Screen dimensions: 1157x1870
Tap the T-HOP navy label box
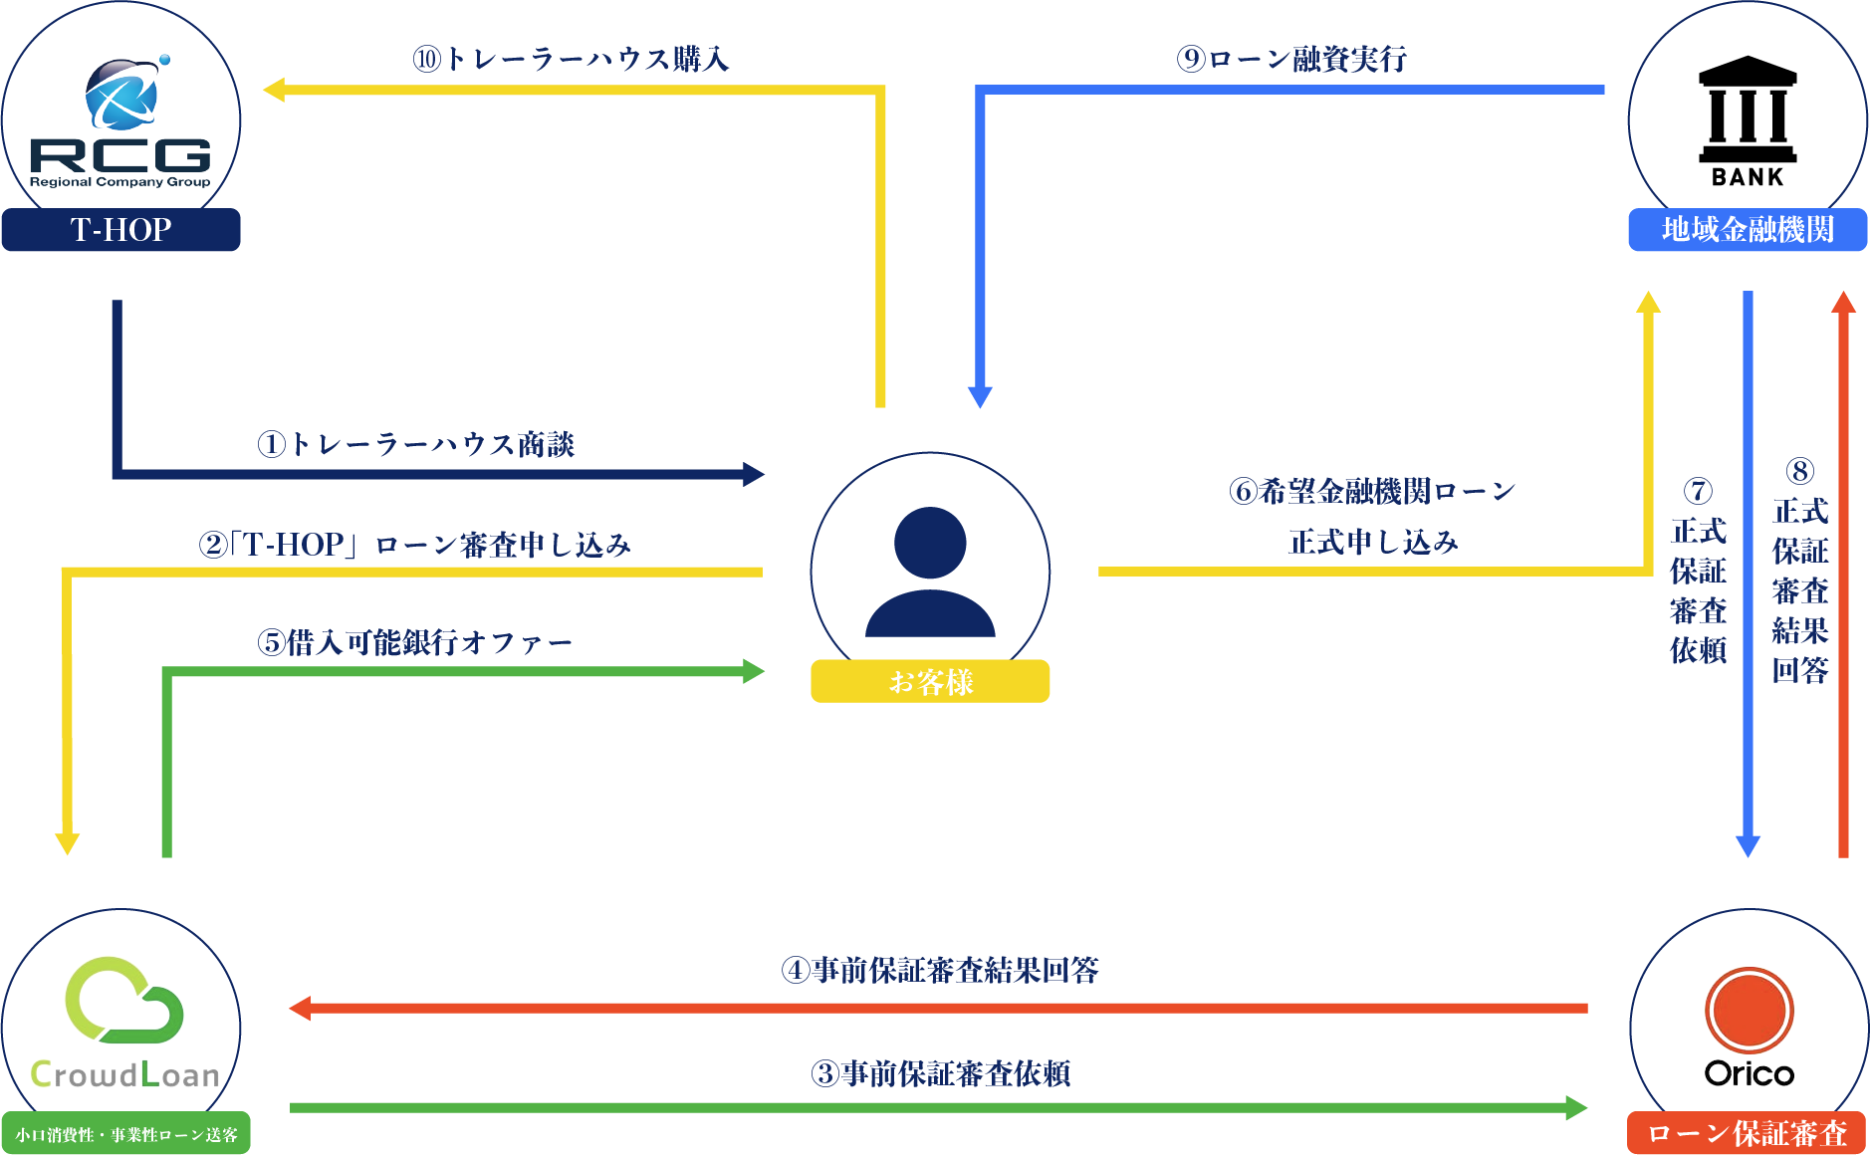point(120,230)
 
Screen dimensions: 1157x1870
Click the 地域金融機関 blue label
point(1748,230)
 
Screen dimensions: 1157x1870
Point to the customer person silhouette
point(930,572)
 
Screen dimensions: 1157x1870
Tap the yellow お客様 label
point(930,682)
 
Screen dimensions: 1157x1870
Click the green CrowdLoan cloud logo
point(123,1000)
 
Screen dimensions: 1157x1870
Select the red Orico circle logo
point(1749,1011)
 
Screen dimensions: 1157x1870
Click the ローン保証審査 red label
point(1747,1133)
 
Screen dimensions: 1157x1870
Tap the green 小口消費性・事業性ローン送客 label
point(125,1134)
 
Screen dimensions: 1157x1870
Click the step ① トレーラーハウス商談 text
point(416,444)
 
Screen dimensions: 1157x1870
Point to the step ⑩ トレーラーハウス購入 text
point(572,60)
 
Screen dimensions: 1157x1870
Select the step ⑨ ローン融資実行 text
point(1291,60)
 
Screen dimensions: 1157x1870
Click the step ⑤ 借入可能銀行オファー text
point(415,643)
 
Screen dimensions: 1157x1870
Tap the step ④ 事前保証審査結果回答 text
point(940,970)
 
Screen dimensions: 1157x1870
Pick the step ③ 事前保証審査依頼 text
point(940,1073)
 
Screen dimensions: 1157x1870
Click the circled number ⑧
point(1799,471)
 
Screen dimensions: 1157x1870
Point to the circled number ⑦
point(1698,491)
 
